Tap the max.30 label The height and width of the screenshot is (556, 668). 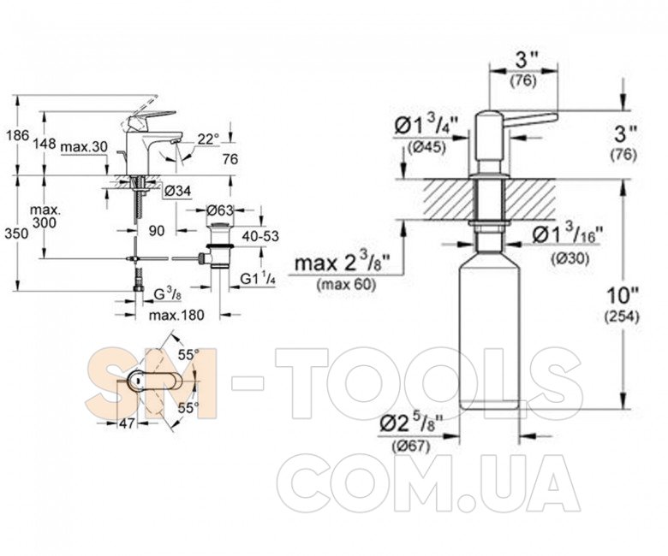coord(84,147)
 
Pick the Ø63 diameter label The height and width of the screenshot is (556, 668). coord(220,210)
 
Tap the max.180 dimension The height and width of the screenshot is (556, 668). coord(178,315)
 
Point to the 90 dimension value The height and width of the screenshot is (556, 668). coord(156,231)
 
